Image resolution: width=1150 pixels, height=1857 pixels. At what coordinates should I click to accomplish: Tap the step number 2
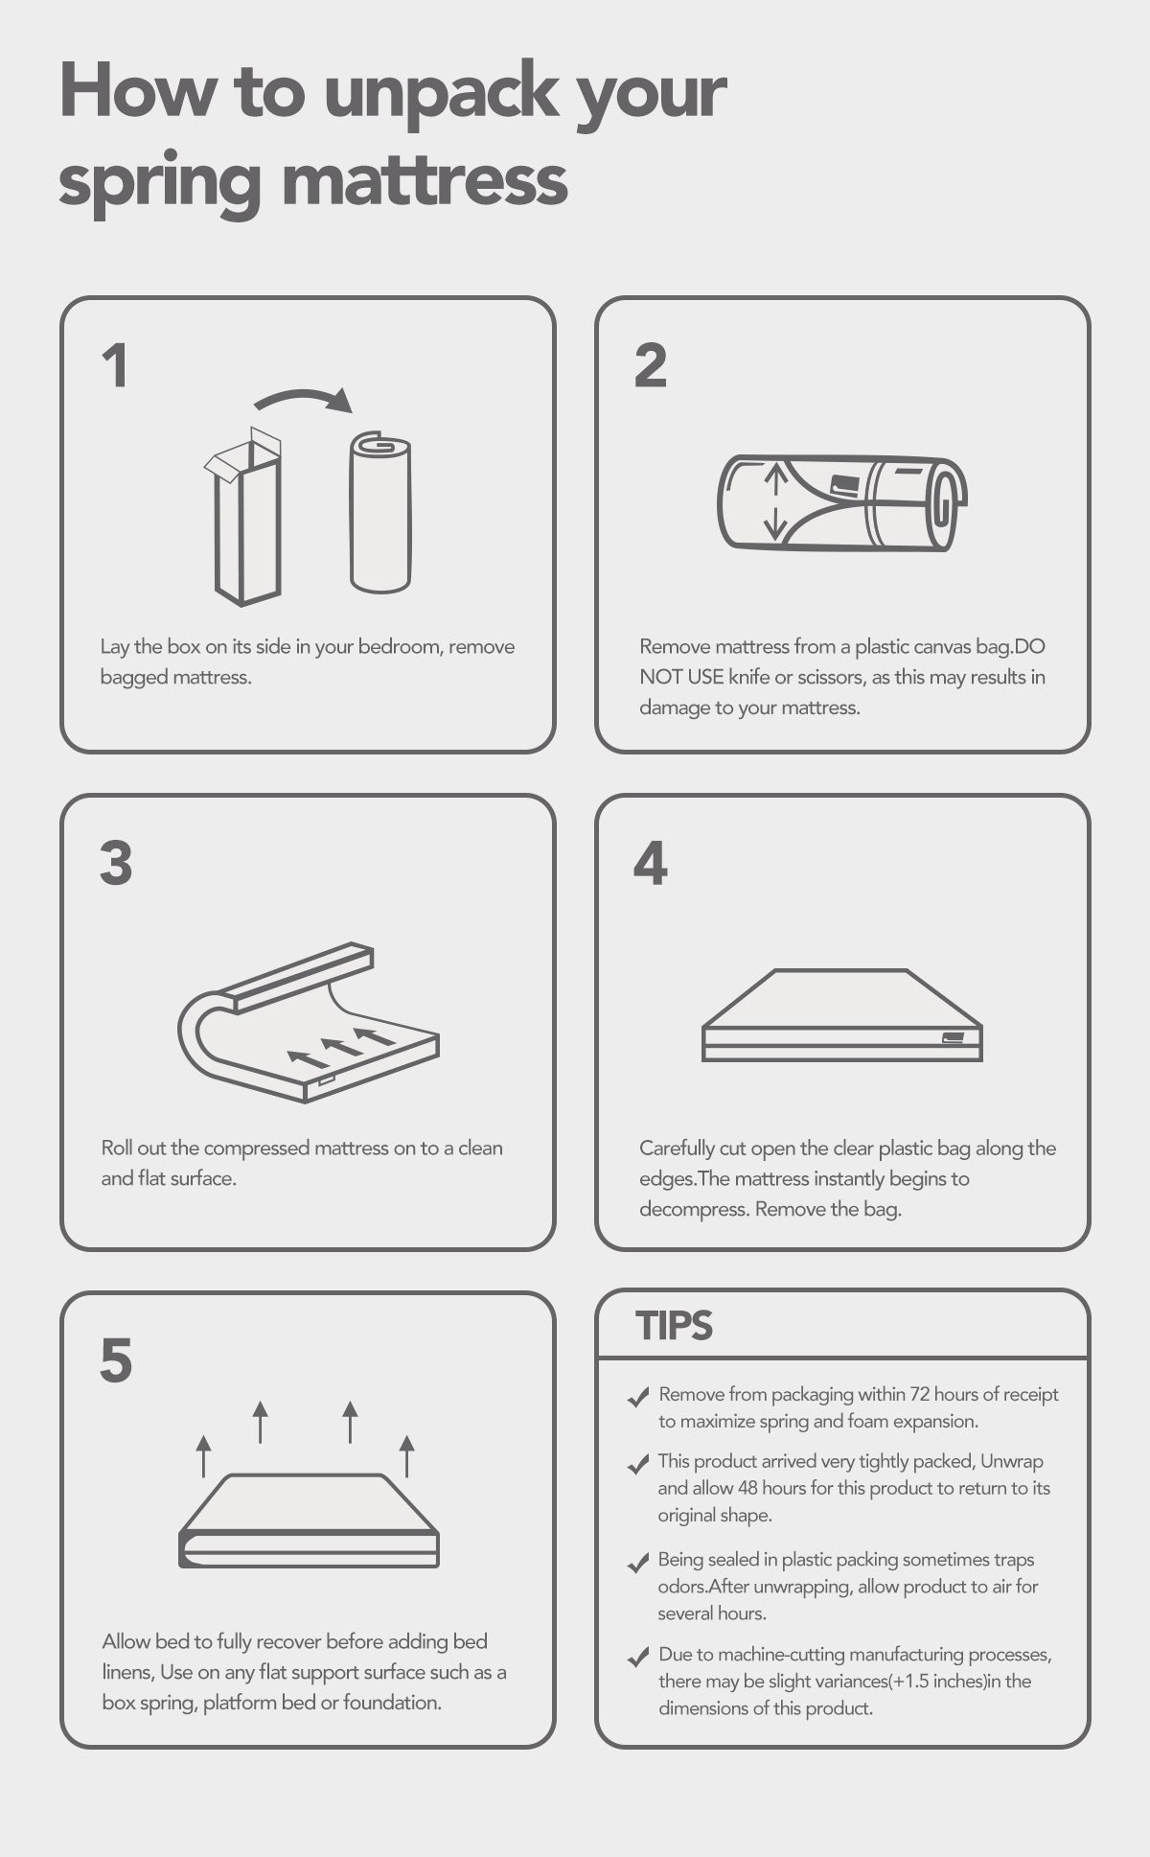pyautogui.click(x=651, y=366)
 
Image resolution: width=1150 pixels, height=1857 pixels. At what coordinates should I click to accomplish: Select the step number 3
pyautogui.click(x=116, y=864)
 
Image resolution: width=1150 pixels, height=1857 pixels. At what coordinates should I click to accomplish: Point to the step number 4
pyautogui.click(x=651, y=864)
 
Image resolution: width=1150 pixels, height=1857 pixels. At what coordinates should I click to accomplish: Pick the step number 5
pyautogui.click(x=116, y=1361)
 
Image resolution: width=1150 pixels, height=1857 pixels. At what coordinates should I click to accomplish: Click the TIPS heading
pyautogui.click(x=675, y=1326)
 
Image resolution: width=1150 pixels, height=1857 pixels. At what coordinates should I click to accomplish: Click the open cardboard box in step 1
pyautogui.click(x=243, y=517)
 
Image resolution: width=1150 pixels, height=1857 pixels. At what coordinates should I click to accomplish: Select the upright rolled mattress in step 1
pyautogui.click(x=380, y=513)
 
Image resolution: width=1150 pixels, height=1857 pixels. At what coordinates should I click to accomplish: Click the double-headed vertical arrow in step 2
pyautogui.click(x=774, y=500)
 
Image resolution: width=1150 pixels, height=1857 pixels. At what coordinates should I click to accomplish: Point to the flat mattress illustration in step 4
pyautogui.click(x=842, y=1015)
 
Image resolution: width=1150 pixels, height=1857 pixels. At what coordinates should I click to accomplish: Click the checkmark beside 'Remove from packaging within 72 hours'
pyautogui.click(x=638, y=1398)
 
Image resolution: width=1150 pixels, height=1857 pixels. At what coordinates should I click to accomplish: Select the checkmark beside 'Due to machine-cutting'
pyautogui.click(x=638, y=1658)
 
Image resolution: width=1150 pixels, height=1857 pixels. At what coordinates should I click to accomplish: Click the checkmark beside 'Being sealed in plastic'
pyautogui.click(x=638, y=1564)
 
